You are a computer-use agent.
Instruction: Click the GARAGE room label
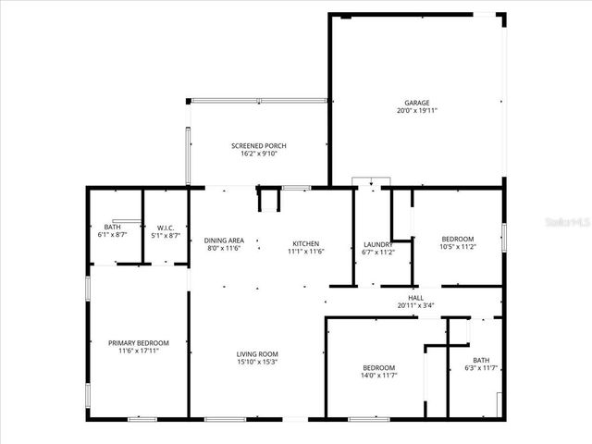point(416,103)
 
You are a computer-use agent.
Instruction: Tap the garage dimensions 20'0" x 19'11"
point(416,111)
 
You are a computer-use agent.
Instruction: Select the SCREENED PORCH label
point(258,145)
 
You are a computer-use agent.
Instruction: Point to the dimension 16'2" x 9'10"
point(258,154)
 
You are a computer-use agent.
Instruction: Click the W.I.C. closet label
point(166,228)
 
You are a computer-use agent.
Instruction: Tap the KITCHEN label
point(305,242)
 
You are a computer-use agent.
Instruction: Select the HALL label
point(415,298)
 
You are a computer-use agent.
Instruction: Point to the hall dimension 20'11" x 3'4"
point(415,306)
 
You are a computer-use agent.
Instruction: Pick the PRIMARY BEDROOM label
point(139,343)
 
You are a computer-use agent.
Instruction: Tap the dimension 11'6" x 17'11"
point(139,351)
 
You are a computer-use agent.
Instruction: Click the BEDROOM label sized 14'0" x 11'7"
point(378,366)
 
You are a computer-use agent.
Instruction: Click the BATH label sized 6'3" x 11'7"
point(481,360)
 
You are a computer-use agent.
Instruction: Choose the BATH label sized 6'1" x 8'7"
point(112,228)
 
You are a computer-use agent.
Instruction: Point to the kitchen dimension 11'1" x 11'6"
point(305,251)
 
